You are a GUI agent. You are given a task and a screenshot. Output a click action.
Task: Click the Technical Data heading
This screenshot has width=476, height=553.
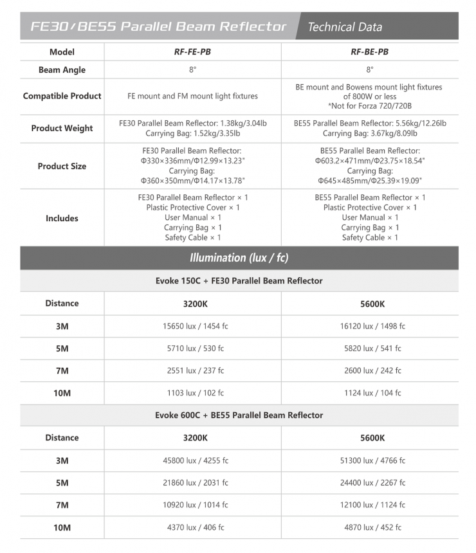tap(345, 27)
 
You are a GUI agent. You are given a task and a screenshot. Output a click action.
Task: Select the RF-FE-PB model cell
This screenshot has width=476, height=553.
tap(192, 52)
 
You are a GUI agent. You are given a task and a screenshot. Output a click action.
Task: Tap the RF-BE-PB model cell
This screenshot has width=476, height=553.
tap(369, 52)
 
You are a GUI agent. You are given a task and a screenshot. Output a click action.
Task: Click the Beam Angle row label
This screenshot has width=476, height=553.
tap(62, 70)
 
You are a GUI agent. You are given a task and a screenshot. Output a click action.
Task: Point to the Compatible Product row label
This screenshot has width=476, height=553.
tap(62, 96)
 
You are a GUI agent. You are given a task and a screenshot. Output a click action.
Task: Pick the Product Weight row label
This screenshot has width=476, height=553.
tap(62, 128)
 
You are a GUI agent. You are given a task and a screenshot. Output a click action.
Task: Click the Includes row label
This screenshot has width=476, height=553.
tap(62, 218)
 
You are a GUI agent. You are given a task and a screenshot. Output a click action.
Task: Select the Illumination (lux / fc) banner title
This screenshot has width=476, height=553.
tap(239, 258)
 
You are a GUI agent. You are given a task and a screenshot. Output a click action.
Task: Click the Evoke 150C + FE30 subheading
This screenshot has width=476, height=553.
tap(239, 280)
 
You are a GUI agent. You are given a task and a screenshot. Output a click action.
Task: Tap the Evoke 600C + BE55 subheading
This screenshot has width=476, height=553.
tap(239, 415)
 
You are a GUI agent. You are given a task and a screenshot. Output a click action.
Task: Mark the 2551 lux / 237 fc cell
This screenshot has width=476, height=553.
tap(193, 370)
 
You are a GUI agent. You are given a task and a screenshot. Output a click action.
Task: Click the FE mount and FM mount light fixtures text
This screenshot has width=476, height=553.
tap(192, 96)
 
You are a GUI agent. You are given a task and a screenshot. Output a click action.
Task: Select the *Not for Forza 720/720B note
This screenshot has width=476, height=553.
tap(369, 105)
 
